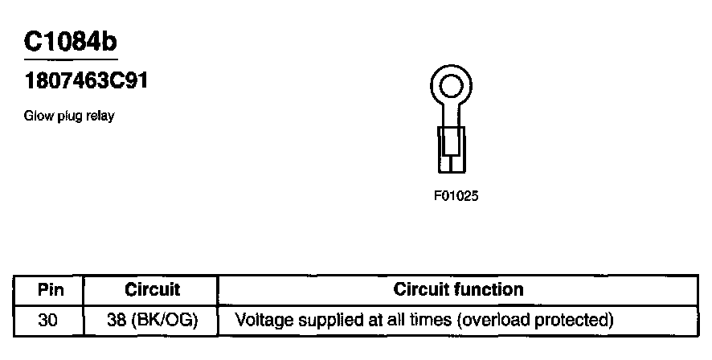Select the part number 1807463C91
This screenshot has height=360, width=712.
(85, 81)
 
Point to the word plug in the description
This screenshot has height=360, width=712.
(69, 117)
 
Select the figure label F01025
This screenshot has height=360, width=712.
(456, 194)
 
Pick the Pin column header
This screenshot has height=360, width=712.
(51, 289)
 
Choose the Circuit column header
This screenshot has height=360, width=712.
(153, 289)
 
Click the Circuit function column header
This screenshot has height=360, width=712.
(458, 289)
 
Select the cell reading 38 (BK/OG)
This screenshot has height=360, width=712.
(153, 320)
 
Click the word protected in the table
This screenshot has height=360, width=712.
(573, 320)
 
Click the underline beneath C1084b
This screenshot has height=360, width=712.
(72, 59)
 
